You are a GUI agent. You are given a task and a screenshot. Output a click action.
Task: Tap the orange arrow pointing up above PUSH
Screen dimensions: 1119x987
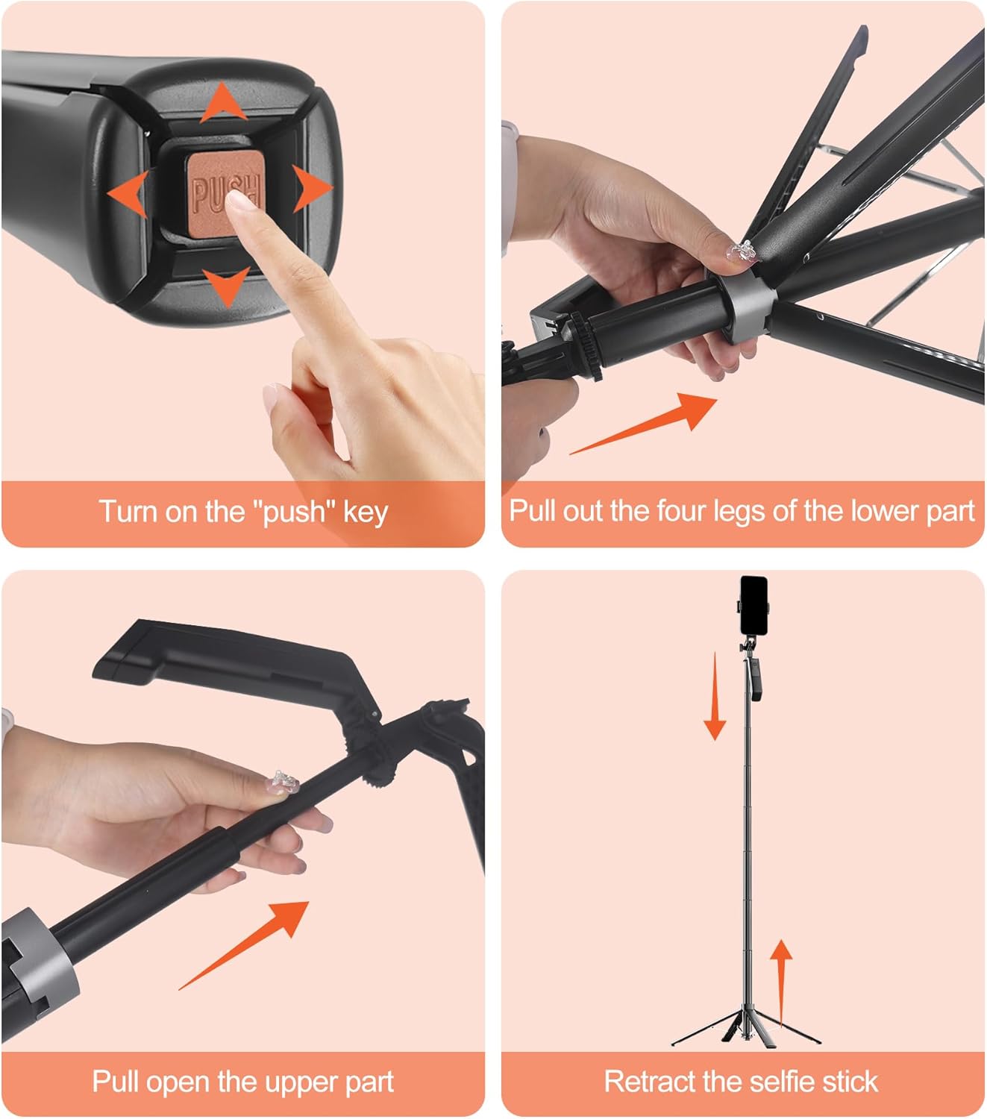pos(223,104)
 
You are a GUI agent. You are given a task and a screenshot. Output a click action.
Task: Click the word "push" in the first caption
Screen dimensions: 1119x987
pos(294,513)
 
